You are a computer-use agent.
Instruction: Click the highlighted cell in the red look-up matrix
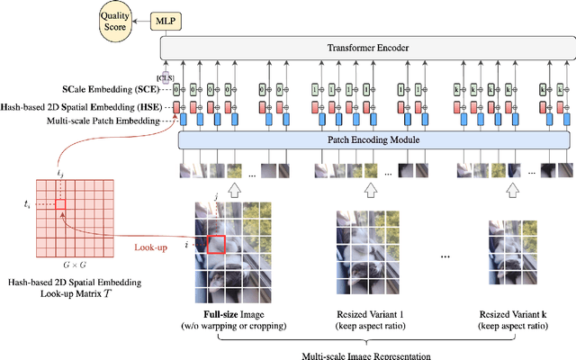tap(60, 205)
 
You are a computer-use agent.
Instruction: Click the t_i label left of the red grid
tap(27, 205)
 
